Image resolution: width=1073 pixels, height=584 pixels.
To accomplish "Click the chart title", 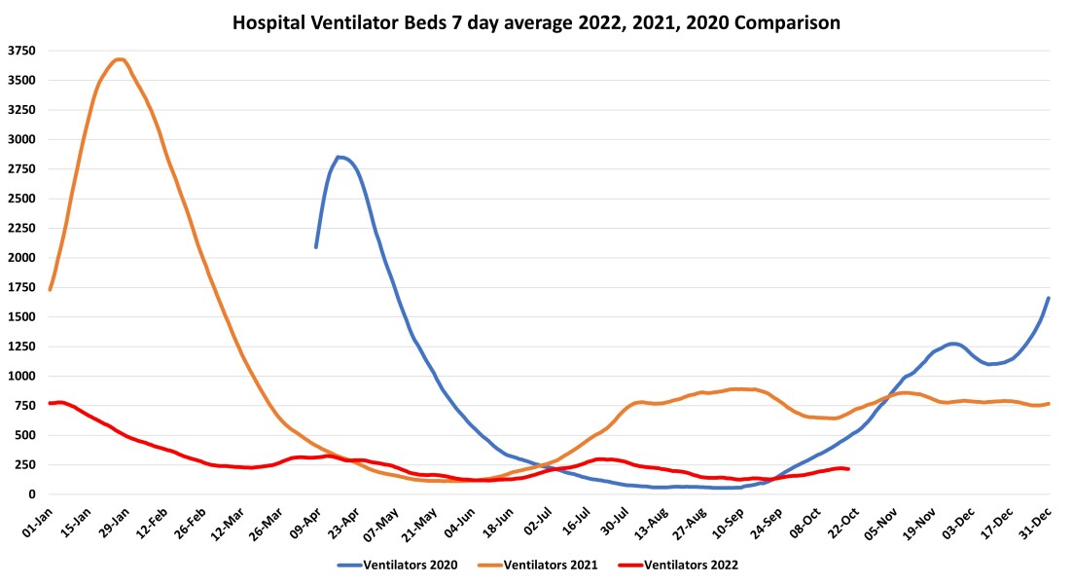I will point(536,20).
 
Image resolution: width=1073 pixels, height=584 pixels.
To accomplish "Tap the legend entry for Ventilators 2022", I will point(697,565).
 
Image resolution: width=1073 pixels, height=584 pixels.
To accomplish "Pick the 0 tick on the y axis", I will point(30,494).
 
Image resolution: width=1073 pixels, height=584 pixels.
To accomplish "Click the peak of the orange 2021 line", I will point(119,59).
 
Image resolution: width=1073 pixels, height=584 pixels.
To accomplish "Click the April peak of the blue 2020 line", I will point(339,157).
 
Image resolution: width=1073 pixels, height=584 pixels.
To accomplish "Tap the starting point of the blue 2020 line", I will point(315,246).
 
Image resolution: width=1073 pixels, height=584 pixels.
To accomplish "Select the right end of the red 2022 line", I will point(849,469).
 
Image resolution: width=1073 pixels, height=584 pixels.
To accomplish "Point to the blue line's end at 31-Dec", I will point(1049,298).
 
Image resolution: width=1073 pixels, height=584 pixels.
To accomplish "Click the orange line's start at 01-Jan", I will point(50,289).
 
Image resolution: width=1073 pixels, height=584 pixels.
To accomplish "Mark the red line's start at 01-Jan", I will point(50,403).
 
